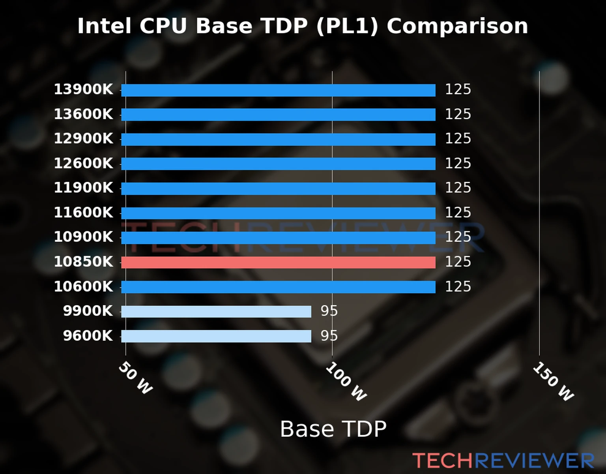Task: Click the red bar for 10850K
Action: pyautogui.click(x=278, y=262)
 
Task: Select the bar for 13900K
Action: pyautogui.click(x=278, y=90)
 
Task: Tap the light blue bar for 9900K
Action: pyautogui.click(x=216, y=312)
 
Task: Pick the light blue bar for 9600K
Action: pyautogui.click(x=216, y=336)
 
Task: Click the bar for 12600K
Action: pyautogui.click(x=278, y=164)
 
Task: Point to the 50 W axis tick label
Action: pyautogui.click(x=135, y=378)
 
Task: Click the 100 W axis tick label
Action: pyautogui.click(x=346, y=382)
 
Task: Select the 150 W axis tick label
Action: pyautogui.click(x=553, y=382)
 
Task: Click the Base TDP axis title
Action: pyautogui.click(x=333, y=429)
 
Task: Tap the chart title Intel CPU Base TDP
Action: pyautogui.click(x=302, y=26)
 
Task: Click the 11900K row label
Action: pyautogui.click(x=83, y=188)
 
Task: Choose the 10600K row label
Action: pyautogui.click(x=83, y=287)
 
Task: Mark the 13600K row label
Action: pyautogui.click(x=83, y=115)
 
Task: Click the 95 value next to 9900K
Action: pyautogui.click(x=329, y=311)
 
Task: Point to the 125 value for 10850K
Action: pyautogui.click(x=458, y=262)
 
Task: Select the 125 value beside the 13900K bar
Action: pyautogui.click(x=458, y=90)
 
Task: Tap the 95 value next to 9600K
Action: pyautogui.click(x=329, y=336)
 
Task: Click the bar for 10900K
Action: pyautogui.click(x=278, y=238)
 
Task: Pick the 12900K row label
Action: pyautogui.click(x=83, y=139)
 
